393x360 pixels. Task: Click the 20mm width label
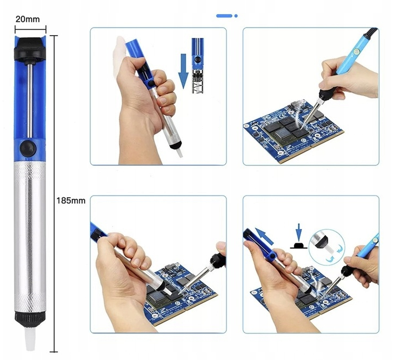28,19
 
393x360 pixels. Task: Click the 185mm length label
71,201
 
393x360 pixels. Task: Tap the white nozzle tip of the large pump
30,339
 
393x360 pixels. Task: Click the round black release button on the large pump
28,149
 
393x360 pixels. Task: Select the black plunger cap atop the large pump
30,49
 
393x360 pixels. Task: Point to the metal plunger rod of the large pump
30,101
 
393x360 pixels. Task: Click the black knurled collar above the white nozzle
30,320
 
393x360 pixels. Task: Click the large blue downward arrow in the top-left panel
184,71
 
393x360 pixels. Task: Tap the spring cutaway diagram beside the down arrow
198,66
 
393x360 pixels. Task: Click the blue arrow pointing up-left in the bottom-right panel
264,235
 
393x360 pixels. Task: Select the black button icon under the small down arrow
298,246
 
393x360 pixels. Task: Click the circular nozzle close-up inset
327,247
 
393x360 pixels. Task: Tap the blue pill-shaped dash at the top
224,16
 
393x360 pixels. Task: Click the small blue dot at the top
236,16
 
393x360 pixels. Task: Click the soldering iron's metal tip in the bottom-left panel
192,279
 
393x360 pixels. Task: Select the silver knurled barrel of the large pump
30,237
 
